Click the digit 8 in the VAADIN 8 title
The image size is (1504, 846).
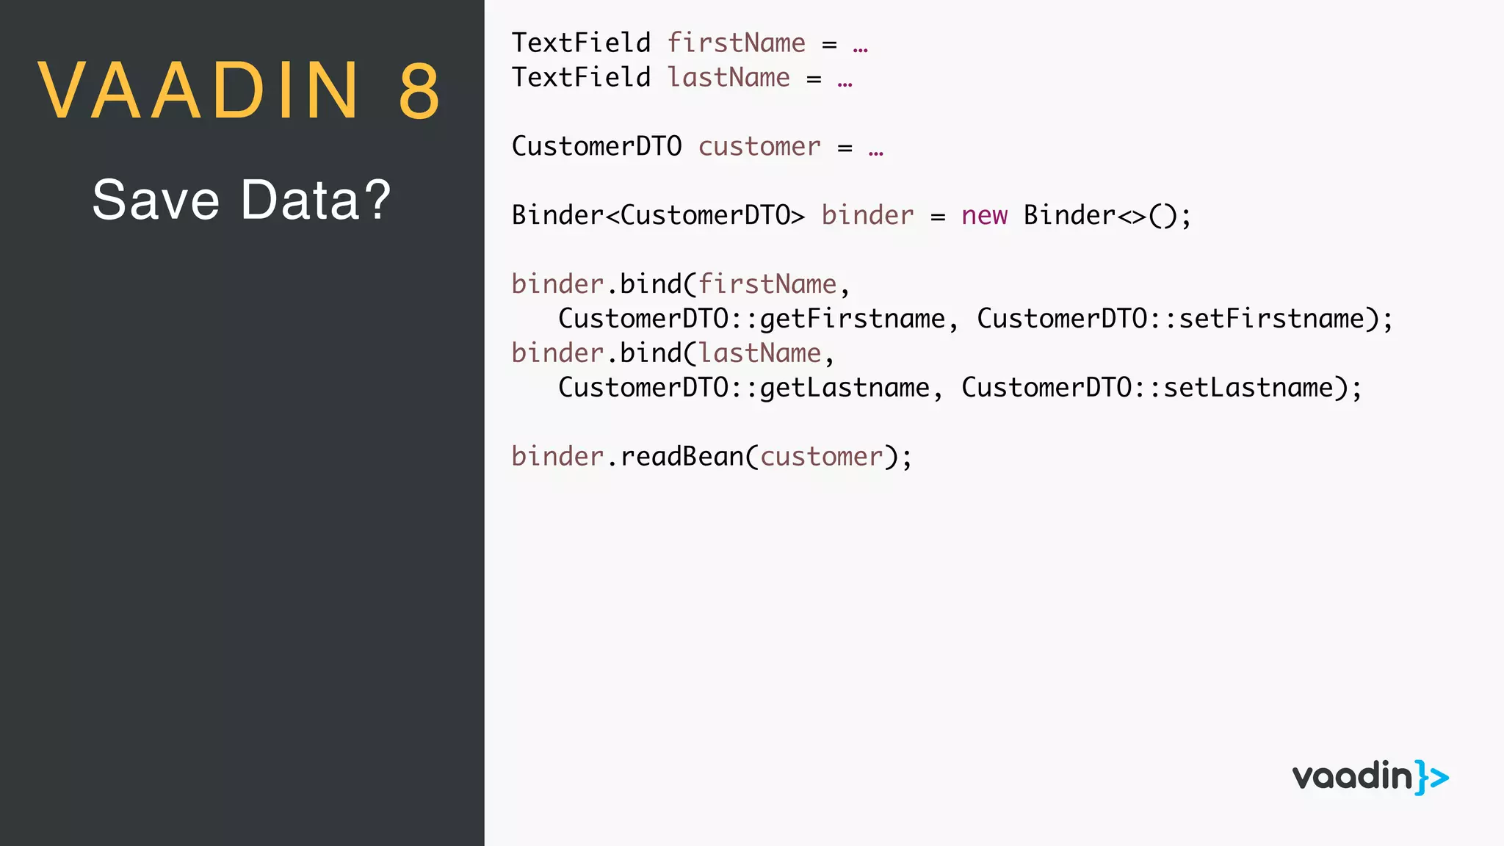click(419, 91)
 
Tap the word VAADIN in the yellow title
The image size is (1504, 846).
click(199, 91)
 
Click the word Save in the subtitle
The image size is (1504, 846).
click(156, 200)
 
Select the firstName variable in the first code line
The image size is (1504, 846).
click(736, 43)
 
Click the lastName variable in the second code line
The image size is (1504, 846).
click(728, 78)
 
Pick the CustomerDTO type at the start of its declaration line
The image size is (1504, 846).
click(596, 146)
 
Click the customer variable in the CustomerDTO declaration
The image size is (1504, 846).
click(759, 147)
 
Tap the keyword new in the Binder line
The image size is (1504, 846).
click(984, 216)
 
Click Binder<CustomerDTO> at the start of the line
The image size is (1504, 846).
click(658, 216)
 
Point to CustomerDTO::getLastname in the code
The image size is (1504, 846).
click(744, 388)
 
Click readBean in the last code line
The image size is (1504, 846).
click(682, 457)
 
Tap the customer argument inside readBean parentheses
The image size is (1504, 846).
click(821, 457)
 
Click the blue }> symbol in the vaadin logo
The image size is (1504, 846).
click(1432, 777)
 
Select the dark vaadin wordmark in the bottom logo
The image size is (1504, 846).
click(1352, 777)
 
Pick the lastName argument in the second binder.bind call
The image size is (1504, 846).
click(759, 353)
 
